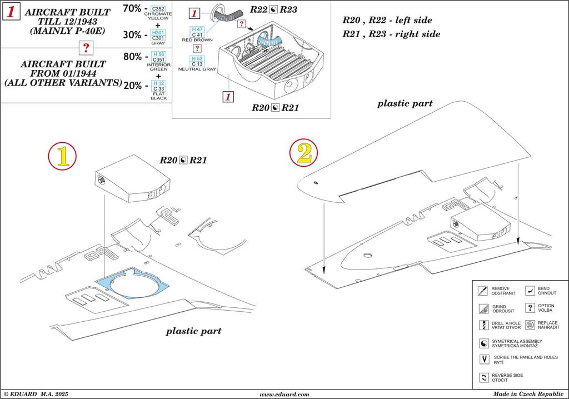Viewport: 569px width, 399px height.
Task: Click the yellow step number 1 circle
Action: pos(62,157)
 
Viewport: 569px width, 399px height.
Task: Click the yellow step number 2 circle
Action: pos(304,154)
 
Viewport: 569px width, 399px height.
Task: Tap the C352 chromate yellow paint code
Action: pos(158,9)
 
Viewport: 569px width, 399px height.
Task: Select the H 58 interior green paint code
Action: pos(158,54)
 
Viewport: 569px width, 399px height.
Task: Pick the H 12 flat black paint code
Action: pos(158,83)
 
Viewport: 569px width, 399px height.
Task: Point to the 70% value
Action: pos(132,8)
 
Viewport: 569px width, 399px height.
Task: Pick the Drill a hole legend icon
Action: pos(482,325)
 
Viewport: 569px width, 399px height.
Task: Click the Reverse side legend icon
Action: pos(482,378)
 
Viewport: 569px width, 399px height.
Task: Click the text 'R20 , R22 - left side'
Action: pos(387,20)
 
